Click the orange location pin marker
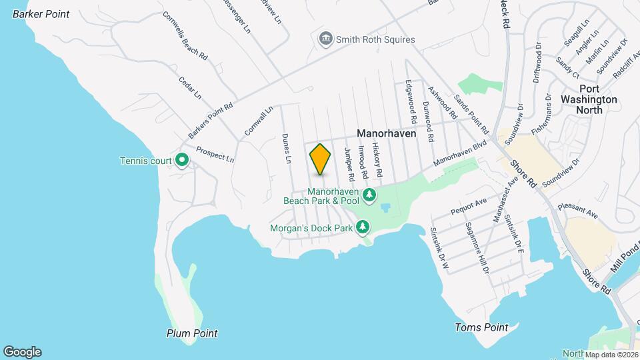tap(320, 159)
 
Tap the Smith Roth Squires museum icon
tap(326, 39)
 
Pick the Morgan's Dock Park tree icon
tap(363, 228)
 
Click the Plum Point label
tap(192, 333)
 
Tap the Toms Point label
tap(481, 327)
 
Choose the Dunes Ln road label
tap(287, 148)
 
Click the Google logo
tap(22, 352)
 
